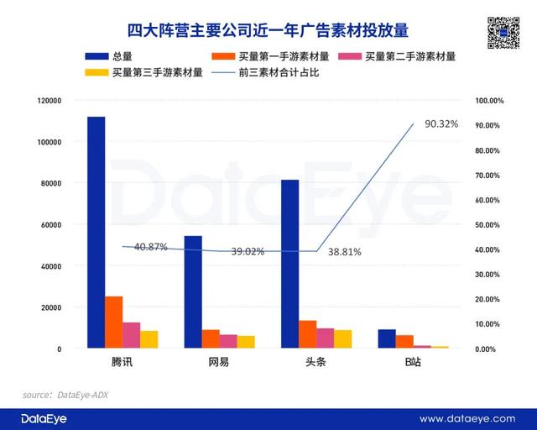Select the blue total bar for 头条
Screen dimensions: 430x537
289,264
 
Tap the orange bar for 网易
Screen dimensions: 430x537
211,338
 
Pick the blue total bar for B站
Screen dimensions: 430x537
387,338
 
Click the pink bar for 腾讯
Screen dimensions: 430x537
132,335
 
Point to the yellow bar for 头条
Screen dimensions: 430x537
342,338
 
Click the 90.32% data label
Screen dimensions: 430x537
441,124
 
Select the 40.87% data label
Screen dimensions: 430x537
151,247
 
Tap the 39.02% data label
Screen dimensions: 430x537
248,252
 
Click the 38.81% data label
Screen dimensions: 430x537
345,252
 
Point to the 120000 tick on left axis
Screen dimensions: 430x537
50,101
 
